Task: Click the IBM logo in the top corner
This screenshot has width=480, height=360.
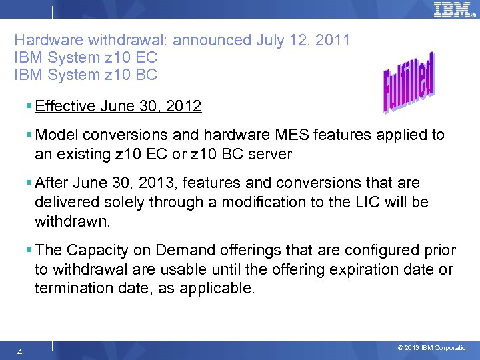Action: (x=453, y=9)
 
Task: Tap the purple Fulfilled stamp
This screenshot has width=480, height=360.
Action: (x=409, y=83)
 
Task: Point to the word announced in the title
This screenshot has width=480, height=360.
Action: (x=213, y=40)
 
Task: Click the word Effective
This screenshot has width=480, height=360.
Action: (x=65, y=107)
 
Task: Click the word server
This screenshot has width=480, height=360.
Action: (x=269, y=154)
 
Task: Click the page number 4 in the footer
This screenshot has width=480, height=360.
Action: (x=21, y=351)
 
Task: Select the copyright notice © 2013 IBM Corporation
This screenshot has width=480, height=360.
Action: (x=433, y=348)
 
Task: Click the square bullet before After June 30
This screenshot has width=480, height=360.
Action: (x=29, y=183)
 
